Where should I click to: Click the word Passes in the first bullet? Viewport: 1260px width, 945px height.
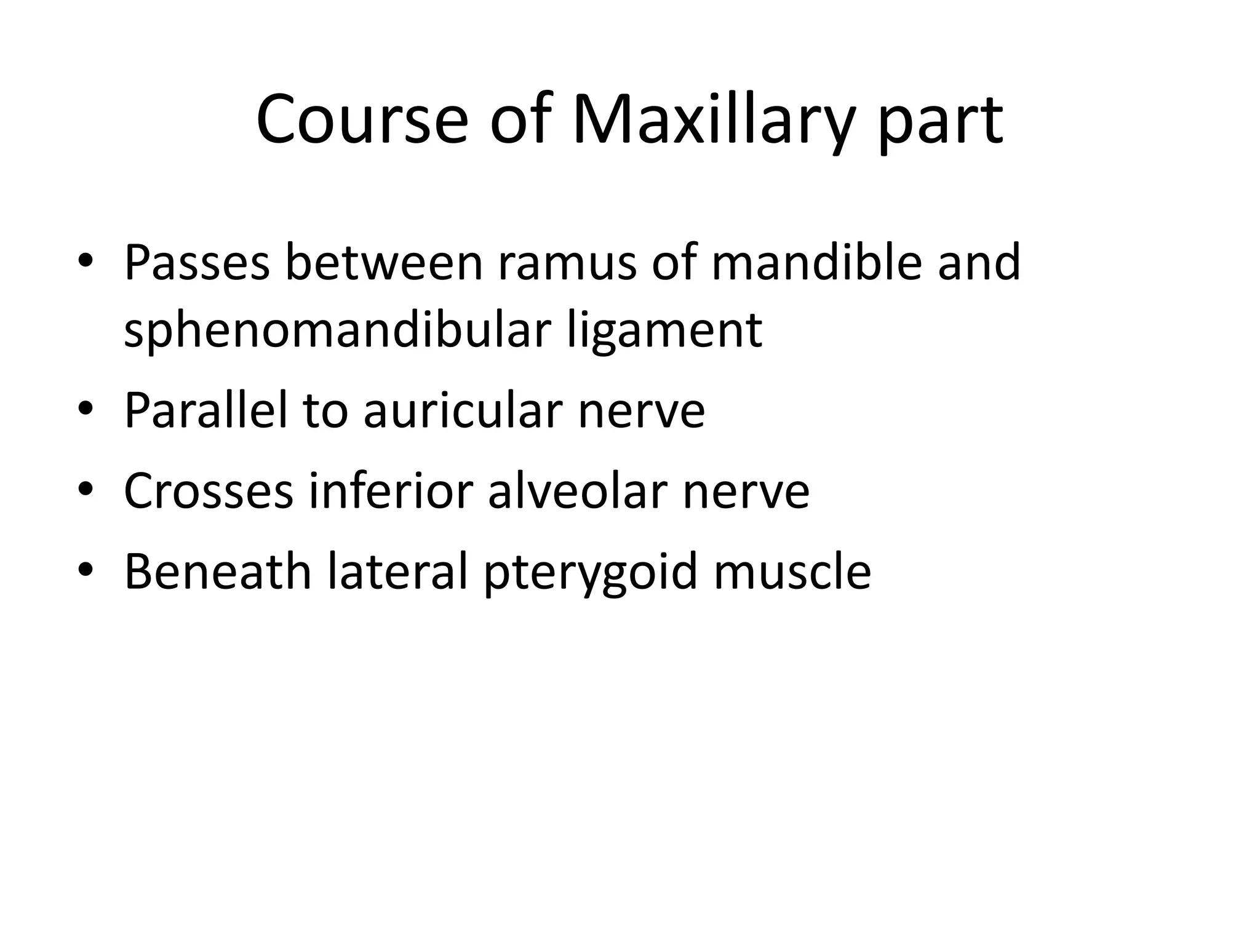click(197, 263)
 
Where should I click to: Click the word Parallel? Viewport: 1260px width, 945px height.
click(206, 410)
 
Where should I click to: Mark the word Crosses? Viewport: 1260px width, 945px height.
click(209, 491)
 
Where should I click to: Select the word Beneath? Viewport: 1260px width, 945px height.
click(218, 572)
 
